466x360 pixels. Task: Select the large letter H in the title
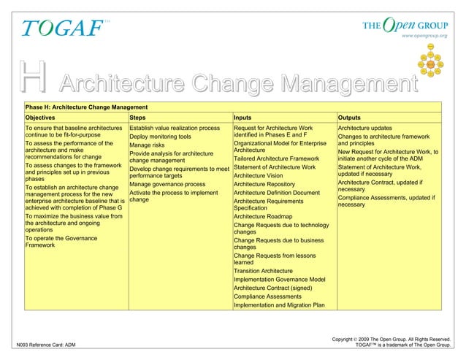pyautogui.click(x=35, y=77)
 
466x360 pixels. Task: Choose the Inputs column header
pyautogui.click(x=245, y=117)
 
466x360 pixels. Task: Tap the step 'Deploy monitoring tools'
pyautogui.click(x=160, y=137)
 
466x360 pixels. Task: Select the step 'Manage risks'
pyautogui.click(x=148, y=145)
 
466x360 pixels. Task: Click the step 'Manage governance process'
pyautogui.click(x=167, y=185)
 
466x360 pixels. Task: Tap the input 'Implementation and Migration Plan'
pyautogui.click(x=279, y=305)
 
